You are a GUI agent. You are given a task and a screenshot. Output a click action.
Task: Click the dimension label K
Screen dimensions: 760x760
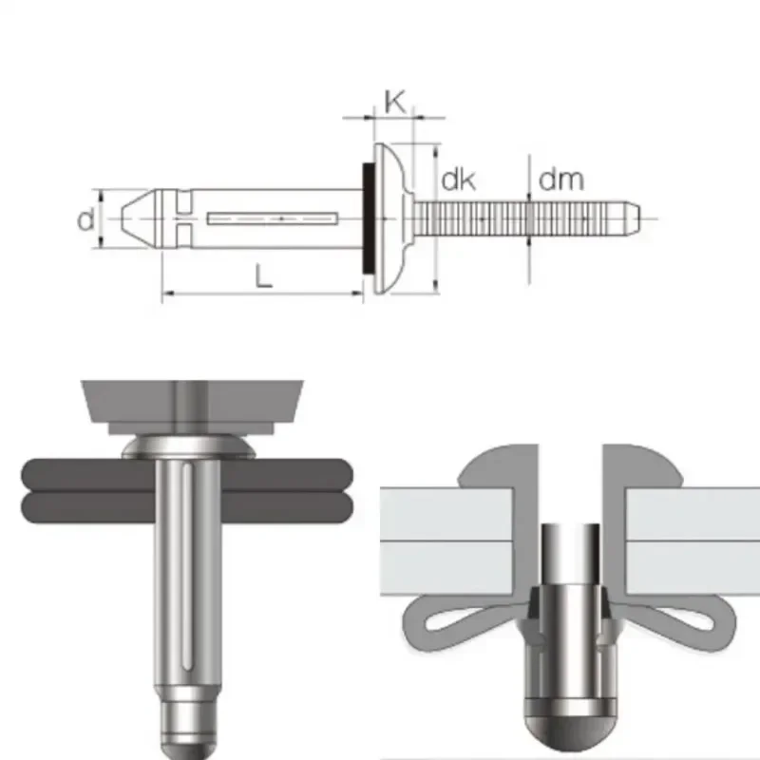395,102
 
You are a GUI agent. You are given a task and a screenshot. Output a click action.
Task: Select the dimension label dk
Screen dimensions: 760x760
458,180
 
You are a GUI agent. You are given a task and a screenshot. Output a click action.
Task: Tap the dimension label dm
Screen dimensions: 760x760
560,179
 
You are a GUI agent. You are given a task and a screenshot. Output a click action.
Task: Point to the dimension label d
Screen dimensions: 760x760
86,220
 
